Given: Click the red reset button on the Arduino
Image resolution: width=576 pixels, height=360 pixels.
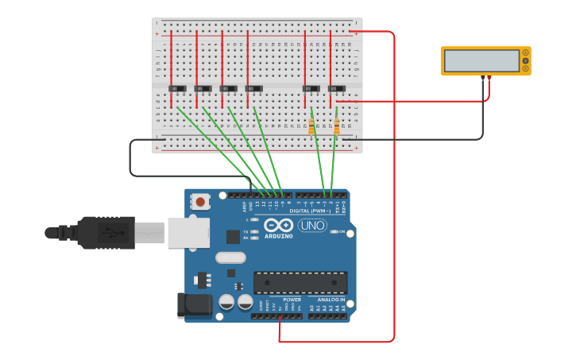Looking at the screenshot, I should [x=200, y=202].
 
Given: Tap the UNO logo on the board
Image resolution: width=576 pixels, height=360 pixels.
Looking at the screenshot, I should [x=312, y=225].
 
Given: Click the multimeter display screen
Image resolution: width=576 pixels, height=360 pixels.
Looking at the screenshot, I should [x=481, y=61].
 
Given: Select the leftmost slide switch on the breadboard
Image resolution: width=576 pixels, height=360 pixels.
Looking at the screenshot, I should [x=177, y=88].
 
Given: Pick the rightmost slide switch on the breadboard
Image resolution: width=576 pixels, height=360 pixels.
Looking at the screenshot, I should [x=337, y=88].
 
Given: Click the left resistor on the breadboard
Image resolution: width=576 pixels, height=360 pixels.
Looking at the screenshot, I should [x=311, y=126].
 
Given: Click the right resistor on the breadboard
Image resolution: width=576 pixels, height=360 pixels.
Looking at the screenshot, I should [x=336, y=126].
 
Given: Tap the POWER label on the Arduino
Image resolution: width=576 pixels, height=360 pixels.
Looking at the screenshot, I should [x=280, y=300].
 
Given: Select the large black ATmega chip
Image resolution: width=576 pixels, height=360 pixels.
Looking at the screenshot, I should [x=300, y=283].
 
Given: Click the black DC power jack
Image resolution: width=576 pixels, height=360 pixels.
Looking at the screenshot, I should [x=193, y=304].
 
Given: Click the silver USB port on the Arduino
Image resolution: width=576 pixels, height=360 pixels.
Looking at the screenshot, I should [x=187, y=232].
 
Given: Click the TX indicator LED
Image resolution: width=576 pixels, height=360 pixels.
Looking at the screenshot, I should [x=255, y=231].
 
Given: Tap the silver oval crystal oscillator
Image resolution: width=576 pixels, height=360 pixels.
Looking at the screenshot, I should [x=230, y=257].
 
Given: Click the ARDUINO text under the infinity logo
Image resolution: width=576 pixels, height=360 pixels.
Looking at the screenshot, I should [x=278, y=236].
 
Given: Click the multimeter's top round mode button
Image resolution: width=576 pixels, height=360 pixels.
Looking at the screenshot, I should [x=525, y=52].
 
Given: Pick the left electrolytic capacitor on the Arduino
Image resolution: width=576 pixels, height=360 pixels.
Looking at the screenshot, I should [x=226, y=302].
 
